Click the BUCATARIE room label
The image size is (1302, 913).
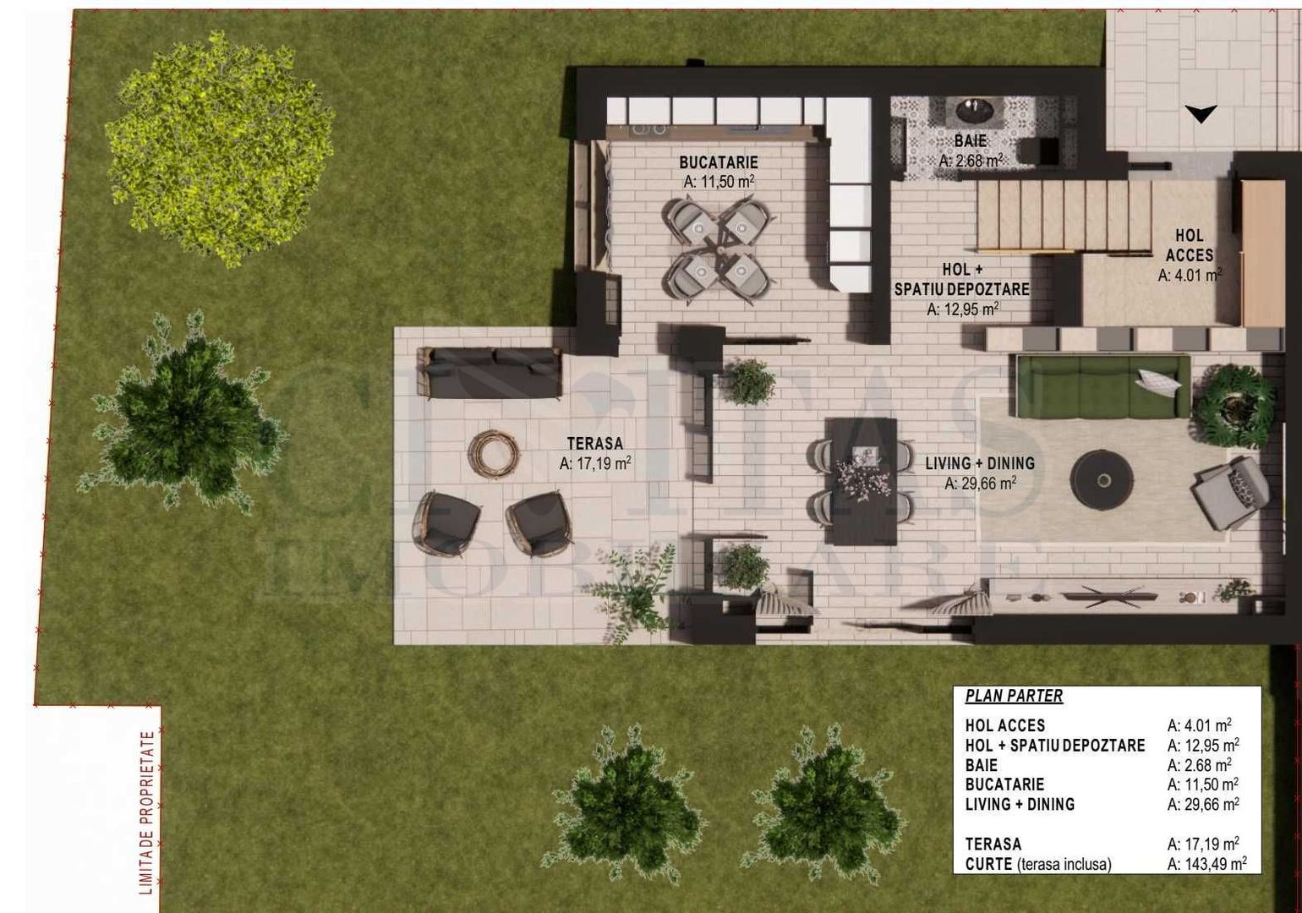[718, 161]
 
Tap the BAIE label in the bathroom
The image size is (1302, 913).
[970, 141]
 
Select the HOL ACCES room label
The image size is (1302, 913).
[1189, 245]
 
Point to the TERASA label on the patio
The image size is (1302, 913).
[594, 443]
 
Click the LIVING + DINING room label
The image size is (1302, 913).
[979, 463]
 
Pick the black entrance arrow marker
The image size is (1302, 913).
[1200, 113]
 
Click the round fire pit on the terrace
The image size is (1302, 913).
[494, 455]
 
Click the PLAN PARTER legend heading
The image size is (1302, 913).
[1014, 697]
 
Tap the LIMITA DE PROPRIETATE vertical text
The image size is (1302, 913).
[149, 812]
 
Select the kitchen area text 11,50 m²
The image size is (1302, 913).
[718, 181]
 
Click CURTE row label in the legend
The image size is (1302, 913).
[988, 864]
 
